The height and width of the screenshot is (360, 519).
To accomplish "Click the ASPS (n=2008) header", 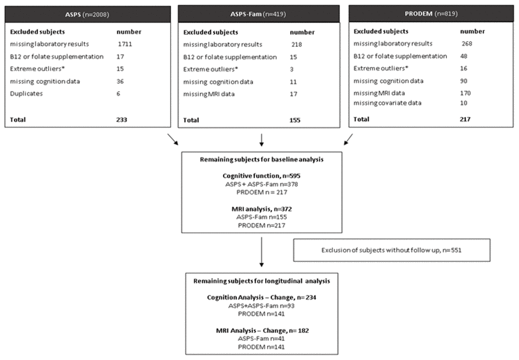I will click(88, 13).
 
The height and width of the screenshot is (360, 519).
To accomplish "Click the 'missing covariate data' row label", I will click(388, 102).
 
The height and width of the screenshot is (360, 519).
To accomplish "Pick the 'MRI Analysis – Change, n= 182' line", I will click(259, 330).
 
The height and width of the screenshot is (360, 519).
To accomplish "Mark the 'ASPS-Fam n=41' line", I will click(259, 339).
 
